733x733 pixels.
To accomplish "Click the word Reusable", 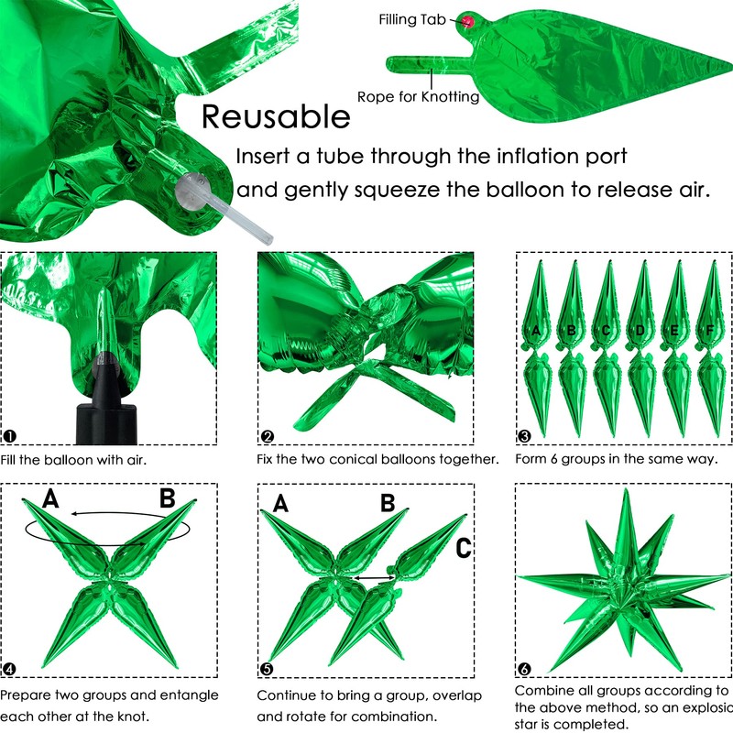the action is click(x=276, y=116).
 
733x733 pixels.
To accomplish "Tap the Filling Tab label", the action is click(x=412, y=19).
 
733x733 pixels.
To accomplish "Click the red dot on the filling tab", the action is click(x=468, y=21).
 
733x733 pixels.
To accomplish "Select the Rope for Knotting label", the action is click(x=419, y=97).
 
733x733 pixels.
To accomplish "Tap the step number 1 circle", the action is click(x=9, y=436).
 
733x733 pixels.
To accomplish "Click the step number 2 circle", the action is click(x=267, y=437).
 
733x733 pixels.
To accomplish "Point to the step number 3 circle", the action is click(x=524, y=436).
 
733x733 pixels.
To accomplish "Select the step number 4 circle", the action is click(x=9, y=669).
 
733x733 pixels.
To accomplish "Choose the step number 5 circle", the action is click(x=267, y=669).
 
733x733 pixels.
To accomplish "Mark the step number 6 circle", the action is click(x=524, y=669).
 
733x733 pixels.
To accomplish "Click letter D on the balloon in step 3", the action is click(x=640, y=331).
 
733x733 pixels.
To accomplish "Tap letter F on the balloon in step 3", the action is click(x=709, y=331).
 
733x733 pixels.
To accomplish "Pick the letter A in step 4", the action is click(x=50, y=498).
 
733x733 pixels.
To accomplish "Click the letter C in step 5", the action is click(x=464, y=548).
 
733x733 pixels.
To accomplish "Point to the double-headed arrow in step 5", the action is click(x=375, y=578).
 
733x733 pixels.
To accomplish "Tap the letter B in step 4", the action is click(x=168, y=498).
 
